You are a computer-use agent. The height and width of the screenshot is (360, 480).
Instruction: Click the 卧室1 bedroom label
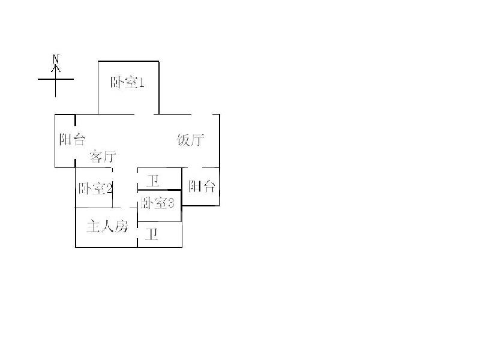(x=127, y=83)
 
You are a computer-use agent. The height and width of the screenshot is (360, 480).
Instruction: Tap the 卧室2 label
(x=95, y=188)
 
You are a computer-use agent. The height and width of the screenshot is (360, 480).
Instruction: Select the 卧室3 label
(x=158, y=203)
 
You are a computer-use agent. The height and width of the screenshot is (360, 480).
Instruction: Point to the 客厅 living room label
(x=102, y=157)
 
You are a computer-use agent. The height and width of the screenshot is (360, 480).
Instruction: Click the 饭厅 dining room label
(x=191, y=140)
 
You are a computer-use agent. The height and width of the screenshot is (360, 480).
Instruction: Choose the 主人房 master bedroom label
(x=107, y=227)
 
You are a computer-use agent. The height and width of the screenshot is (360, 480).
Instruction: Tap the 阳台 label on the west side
(x=72, y=140)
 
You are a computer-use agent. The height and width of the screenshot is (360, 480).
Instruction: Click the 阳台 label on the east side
(x=202, y=186)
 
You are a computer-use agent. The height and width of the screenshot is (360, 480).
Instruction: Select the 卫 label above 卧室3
(x=154, y=179)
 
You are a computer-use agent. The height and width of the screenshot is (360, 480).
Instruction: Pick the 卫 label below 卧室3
(x=152, y=235)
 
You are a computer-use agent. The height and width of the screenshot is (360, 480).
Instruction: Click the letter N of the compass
(x=56, y=59)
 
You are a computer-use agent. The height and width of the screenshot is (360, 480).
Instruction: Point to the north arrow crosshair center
(x=56, y=79)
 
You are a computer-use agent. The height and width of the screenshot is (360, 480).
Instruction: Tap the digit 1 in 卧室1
(x=142, y=83)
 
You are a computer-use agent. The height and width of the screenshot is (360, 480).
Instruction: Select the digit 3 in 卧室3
(x=171, y=203)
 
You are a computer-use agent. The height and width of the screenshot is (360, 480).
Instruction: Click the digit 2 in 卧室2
(x=109, y=188)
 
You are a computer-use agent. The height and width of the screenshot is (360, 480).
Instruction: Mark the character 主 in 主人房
(x=93, y=227)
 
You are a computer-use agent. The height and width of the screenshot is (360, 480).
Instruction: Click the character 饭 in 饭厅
(x=184, y=140)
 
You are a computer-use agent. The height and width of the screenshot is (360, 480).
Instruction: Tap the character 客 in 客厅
(x=95, y=157)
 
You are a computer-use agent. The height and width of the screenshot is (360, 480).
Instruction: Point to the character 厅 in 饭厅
(x=199, y=140)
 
